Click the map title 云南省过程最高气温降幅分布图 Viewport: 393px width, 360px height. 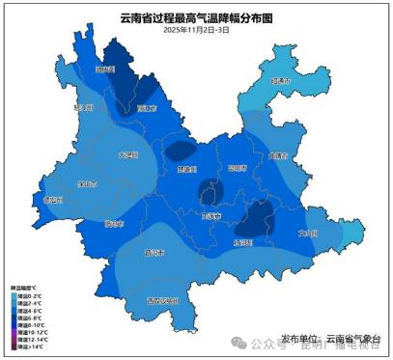tap(196, 18)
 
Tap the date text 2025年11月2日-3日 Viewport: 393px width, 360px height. tap(196, 31)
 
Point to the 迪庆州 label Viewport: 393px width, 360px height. tap(103, 69)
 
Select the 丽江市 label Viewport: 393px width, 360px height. tap(146, 109)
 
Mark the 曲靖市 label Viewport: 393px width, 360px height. tap(278, 154)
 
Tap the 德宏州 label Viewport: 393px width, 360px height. tap(53, 200)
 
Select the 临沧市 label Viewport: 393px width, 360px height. tap(114, 223)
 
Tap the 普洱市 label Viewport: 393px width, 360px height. tap(153, 253)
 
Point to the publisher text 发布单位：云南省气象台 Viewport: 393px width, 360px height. tap(331, 338)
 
